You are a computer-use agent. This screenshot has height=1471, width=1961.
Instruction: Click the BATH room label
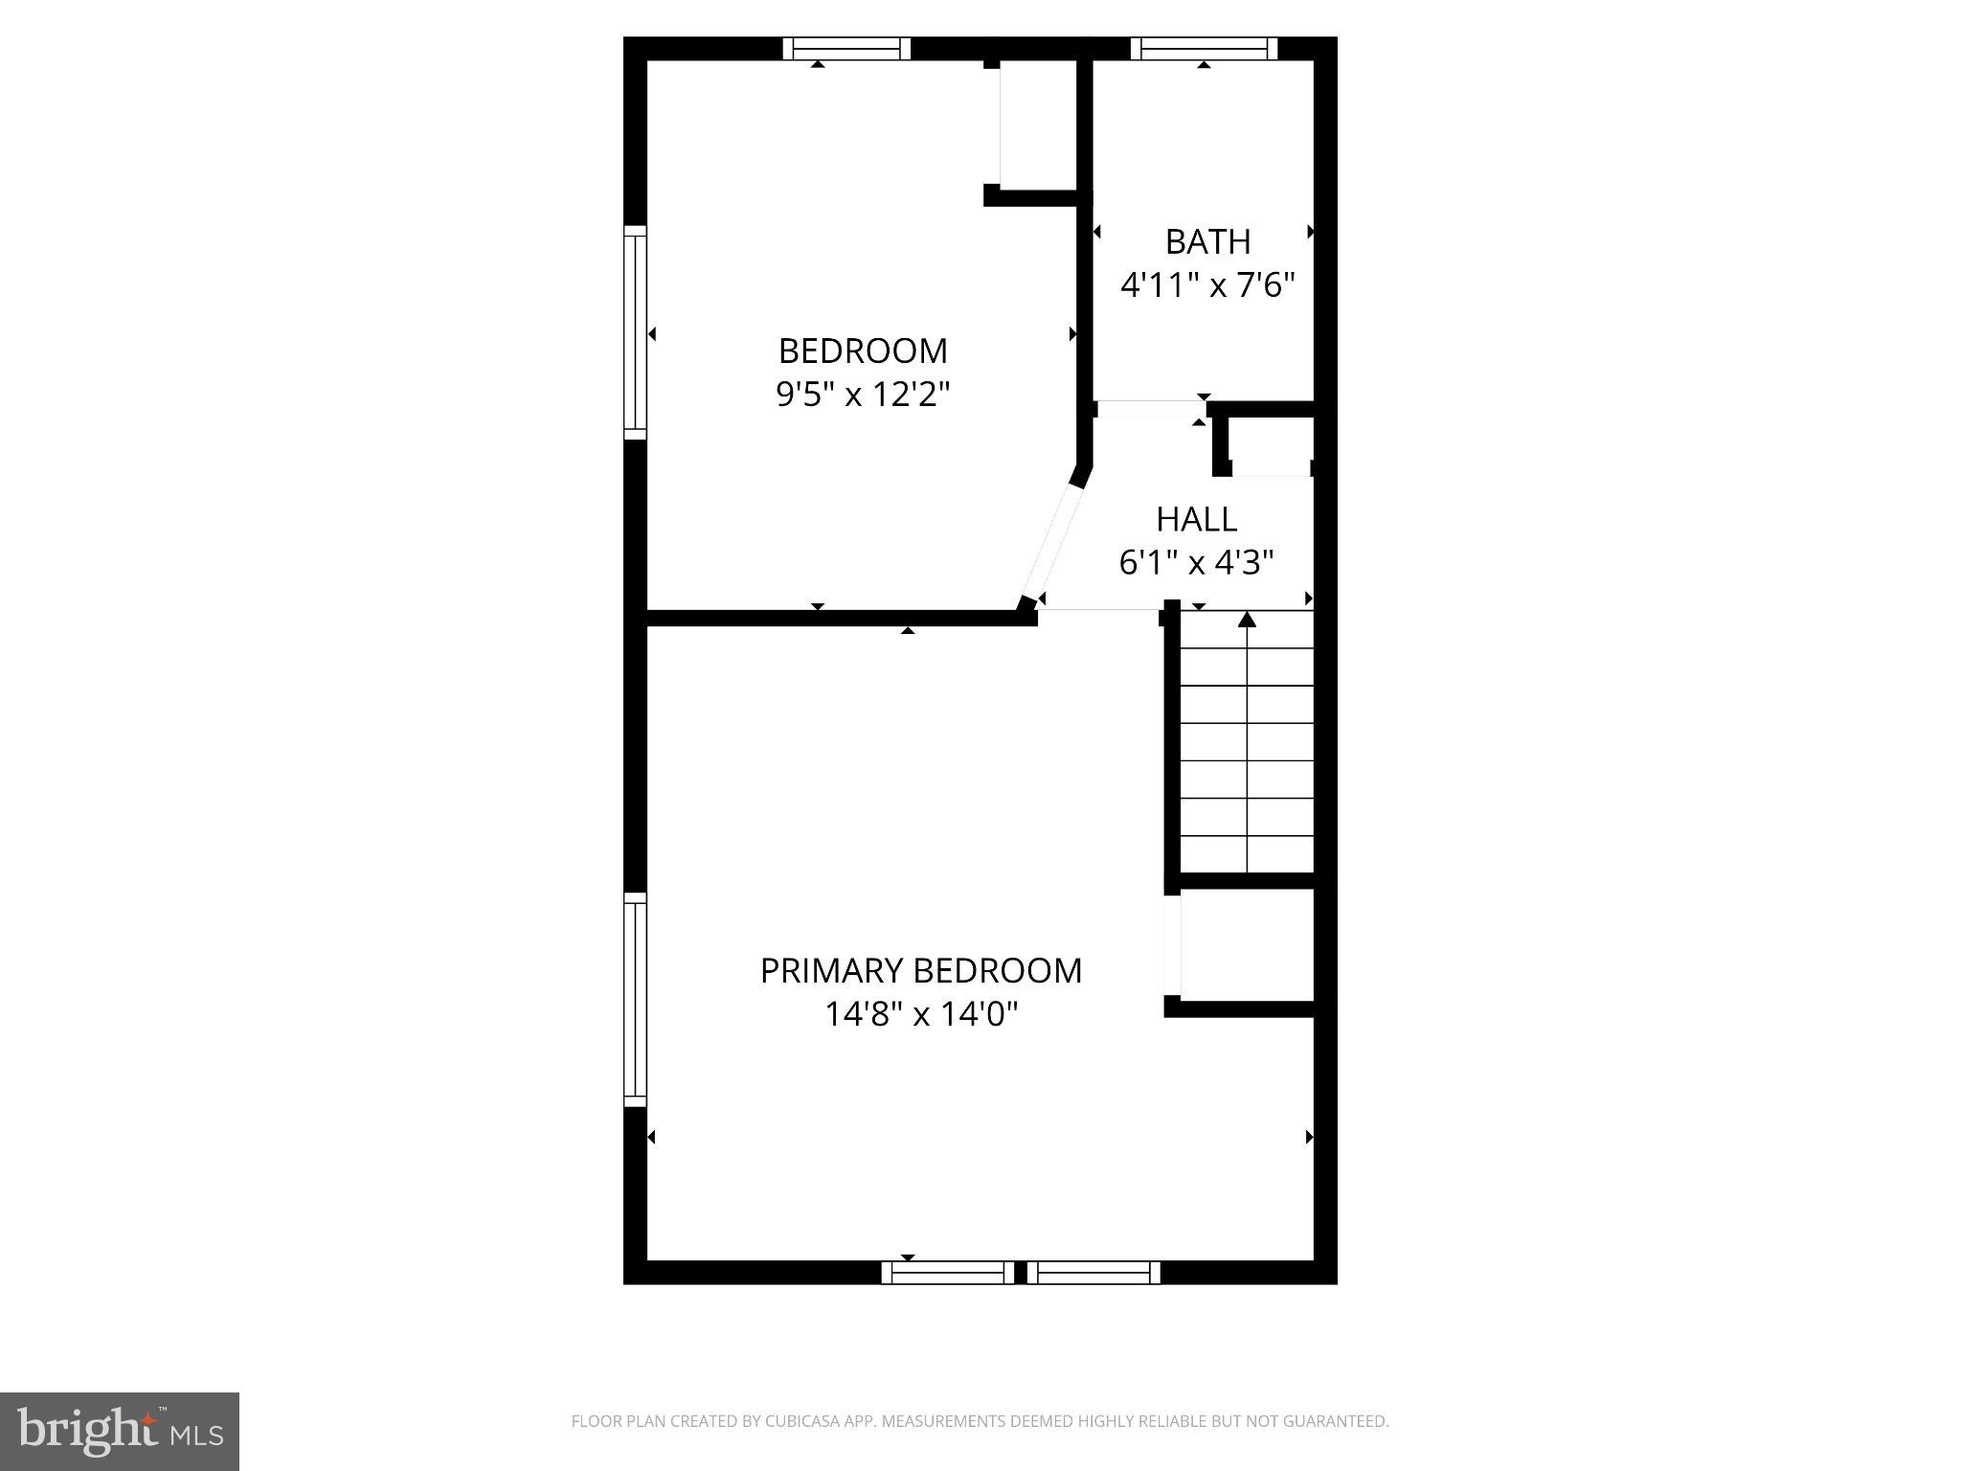pos(1207,242)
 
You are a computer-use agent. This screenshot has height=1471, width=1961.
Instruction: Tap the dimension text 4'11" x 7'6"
pos(1207,285)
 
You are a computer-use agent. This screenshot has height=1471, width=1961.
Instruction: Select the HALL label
pos(1196,519)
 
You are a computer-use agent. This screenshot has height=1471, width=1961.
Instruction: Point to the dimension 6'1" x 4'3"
pos(1196,563)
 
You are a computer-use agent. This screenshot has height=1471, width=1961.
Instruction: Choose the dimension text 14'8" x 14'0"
pos(920,1014)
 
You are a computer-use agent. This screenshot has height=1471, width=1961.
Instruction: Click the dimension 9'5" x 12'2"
pos(862,395)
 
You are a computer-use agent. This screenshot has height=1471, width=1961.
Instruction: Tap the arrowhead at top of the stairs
pos(1246,620)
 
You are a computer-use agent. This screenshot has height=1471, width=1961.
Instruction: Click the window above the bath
pos(1204,49)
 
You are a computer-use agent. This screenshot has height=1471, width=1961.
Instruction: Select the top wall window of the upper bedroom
pos(846,49)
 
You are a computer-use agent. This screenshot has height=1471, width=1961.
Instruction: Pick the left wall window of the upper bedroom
pos(635,333)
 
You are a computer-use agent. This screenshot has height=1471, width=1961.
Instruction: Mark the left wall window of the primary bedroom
pos(635,1000)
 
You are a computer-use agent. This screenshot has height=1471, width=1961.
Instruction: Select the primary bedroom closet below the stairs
pos(1246,945)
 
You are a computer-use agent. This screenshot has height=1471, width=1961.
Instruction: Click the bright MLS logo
pos(120,1431)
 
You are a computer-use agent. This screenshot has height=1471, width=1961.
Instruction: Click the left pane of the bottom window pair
pos(947,1273)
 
